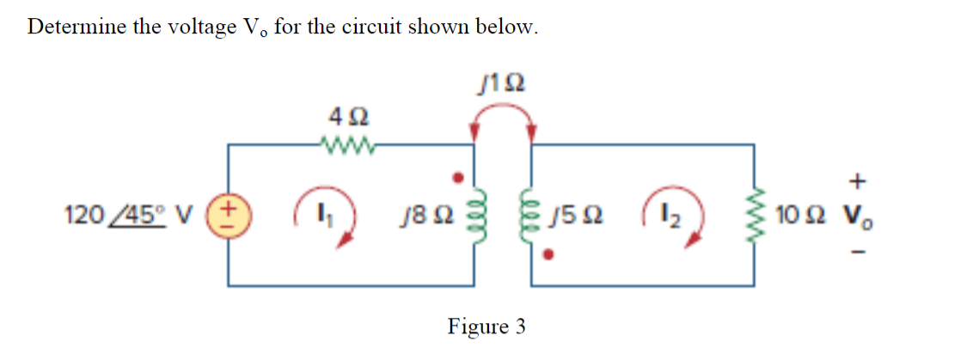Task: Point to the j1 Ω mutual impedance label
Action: (501, 83)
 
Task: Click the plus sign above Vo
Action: (860, 181)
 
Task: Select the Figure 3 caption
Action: (486, 327)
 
